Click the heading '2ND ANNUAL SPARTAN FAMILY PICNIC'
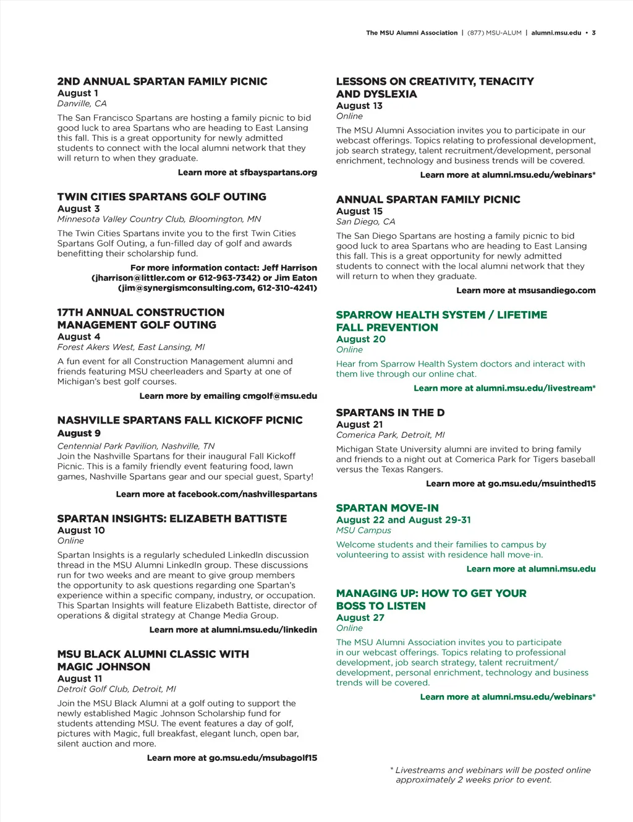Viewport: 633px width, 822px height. tap(162, 82)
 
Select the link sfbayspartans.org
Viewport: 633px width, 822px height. tap(278, 173)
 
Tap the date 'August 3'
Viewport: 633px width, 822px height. tap(79, 209)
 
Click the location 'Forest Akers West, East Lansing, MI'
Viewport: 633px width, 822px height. tap(130, 347)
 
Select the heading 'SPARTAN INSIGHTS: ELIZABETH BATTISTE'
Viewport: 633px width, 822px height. tap(172, 519)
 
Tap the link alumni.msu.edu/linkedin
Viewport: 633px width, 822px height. tap(264, 630)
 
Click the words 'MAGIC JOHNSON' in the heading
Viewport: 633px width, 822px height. tap(104, 667)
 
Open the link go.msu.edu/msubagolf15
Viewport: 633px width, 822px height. tap(263, 758)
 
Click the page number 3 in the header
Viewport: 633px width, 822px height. tap(593, 33)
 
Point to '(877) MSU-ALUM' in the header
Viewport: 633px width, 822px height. tap(495, 33)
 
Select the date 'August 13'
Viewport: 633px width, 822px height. tap(359, 106)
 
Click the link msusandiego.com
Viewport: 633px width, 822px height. tap(557, 290)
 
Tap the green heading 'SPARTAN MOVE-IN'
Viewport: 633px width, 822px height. tap(387, 508)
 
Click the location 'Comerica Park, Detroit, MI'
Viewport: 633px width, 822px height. tap(390, 435)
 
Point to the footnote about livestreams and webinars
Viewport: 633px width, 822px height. tap(492, 775)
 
